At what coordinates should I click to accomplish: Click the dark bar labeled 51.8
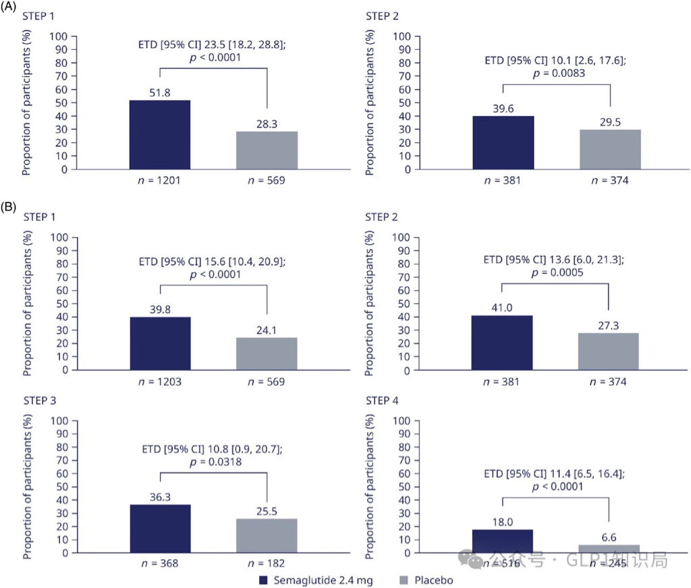pyautogui.click(x=160, y=134)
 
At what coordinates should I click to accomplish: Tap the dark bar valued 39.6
pyautogui.click(x=503, y=142)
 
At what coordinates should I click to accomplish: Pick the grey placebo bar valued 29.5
pyautogui.click(x=609, y=149)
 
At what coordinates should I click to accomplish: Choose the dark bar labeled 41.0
pyautogui.click(x=503, y=342)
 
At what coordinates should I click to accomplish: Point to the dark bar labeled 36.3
pyautogui.click(x=160, y=529)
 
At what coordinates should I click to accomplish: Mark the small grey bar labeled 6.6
pyautogui.click(x=609, y=548)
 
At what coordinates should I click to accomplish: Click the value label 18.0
pyautogui.click(x=503, y=520)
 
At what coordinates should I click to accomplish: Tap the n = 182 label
pyautogui.click(x=267, y=563)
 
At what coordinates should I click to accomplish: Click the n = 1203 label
pyautogui.click(x=160, y=381)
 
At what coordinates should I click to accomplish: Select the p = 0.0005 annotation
pyautogui.click(x=556, y=272)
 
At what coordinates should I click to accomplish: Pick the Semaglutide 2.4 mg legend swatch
pyautogui.click(x=265, y=580)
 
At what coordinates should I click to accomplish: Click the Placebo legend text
pyautogui.click(x=435, y=580)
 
